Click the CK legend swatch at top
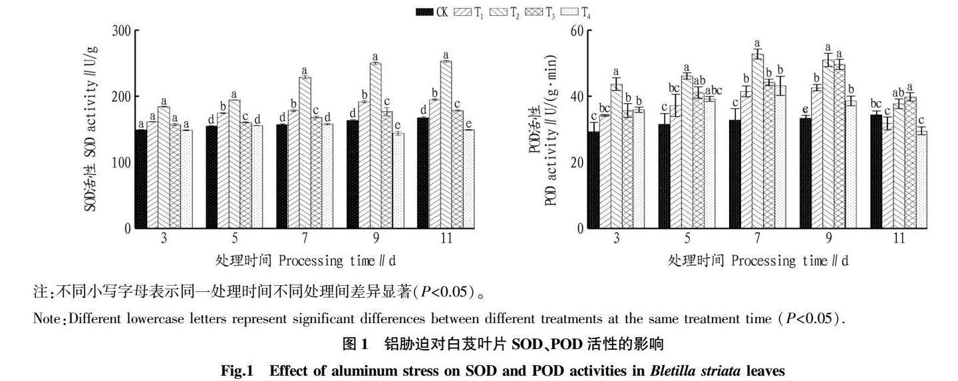(424, 11)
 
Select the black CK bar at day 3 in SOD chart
(141, 179)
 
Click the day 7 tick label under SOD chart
(305, 238)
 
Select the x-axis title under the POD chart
(758, 261)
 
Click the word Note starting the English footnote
(45, 318)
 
